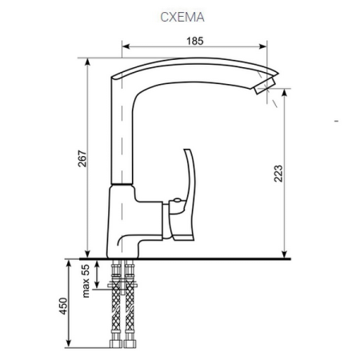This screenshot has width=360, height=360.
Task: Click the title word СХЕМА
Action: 180,16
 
